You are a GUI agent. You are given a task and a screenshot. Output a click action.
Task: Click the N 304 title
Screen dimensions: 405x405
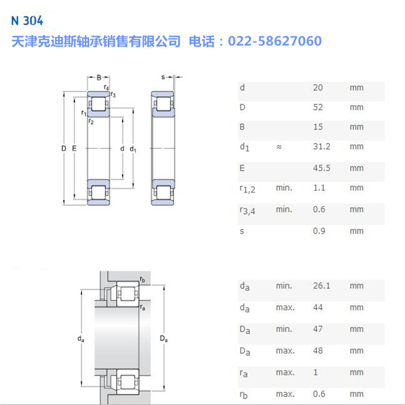click(x=26, y=21)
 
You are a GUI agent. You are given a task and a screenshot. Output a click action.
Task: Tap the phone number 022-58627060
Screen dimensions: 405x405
click(x=275, y=41)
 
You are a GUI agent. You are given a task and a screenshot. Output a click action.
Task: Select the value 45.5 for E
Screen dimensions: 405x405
click(x=321, y=168)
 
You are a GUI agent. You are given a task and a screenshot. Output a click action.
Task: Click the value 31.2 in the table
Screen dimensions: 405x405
click(x=321, y=147)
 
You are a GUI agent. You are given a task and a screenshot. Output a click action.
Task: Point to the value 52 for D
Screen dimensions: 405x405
click(x=318, y=107)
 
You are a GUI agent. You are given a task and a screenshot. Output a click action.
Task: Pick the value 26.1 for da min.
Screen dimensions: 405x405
click(x=321, y=286)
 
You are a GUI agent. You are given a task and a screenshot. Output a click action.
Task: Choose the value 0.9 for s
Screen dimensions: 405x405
click(x=319, y=231)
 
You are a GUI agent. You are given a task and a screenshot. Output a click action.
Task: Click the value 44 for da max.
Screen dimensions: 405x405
click(x=318, y=307)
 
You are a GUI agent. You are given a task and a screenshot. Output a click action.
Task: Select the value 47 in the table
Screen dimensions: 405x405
click(x=318, y=329)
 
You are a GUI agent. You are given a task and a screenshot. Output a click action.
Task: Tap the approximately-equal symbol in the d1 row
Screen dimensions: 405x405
click(x=279, y=147)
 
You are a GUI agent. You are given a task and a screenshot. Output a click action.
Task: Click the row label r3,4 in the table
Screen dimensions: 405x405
click(x=247, y=210)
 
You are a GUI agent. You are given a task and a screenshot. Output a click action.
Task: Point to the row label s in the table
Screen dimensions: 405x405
click(x=242, y=231)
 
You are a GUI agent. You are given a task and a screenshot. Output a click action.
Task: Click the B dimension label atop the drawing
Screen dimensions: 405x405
click(x=99, y=77)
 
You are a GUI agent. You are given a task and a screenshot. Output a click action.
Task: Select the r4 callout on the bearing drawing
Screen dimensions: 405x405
click(x=106, y=88)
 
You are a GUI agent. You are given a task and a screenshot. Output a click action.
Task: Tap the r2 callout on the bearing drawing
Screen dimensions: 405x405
click(x=91, y=121)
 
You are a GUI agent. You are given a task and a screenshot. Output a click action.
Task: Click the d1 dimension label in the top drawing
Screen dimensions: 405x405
click(x=133, y=149)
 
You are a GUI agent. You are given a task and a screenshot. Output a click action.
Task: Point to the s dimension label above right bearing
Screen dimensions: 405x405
click(x=163, y=77)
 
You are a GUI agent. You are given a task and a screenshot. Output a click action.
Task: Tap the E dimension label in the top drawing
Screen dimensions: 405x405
click(x=74, y=148)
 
